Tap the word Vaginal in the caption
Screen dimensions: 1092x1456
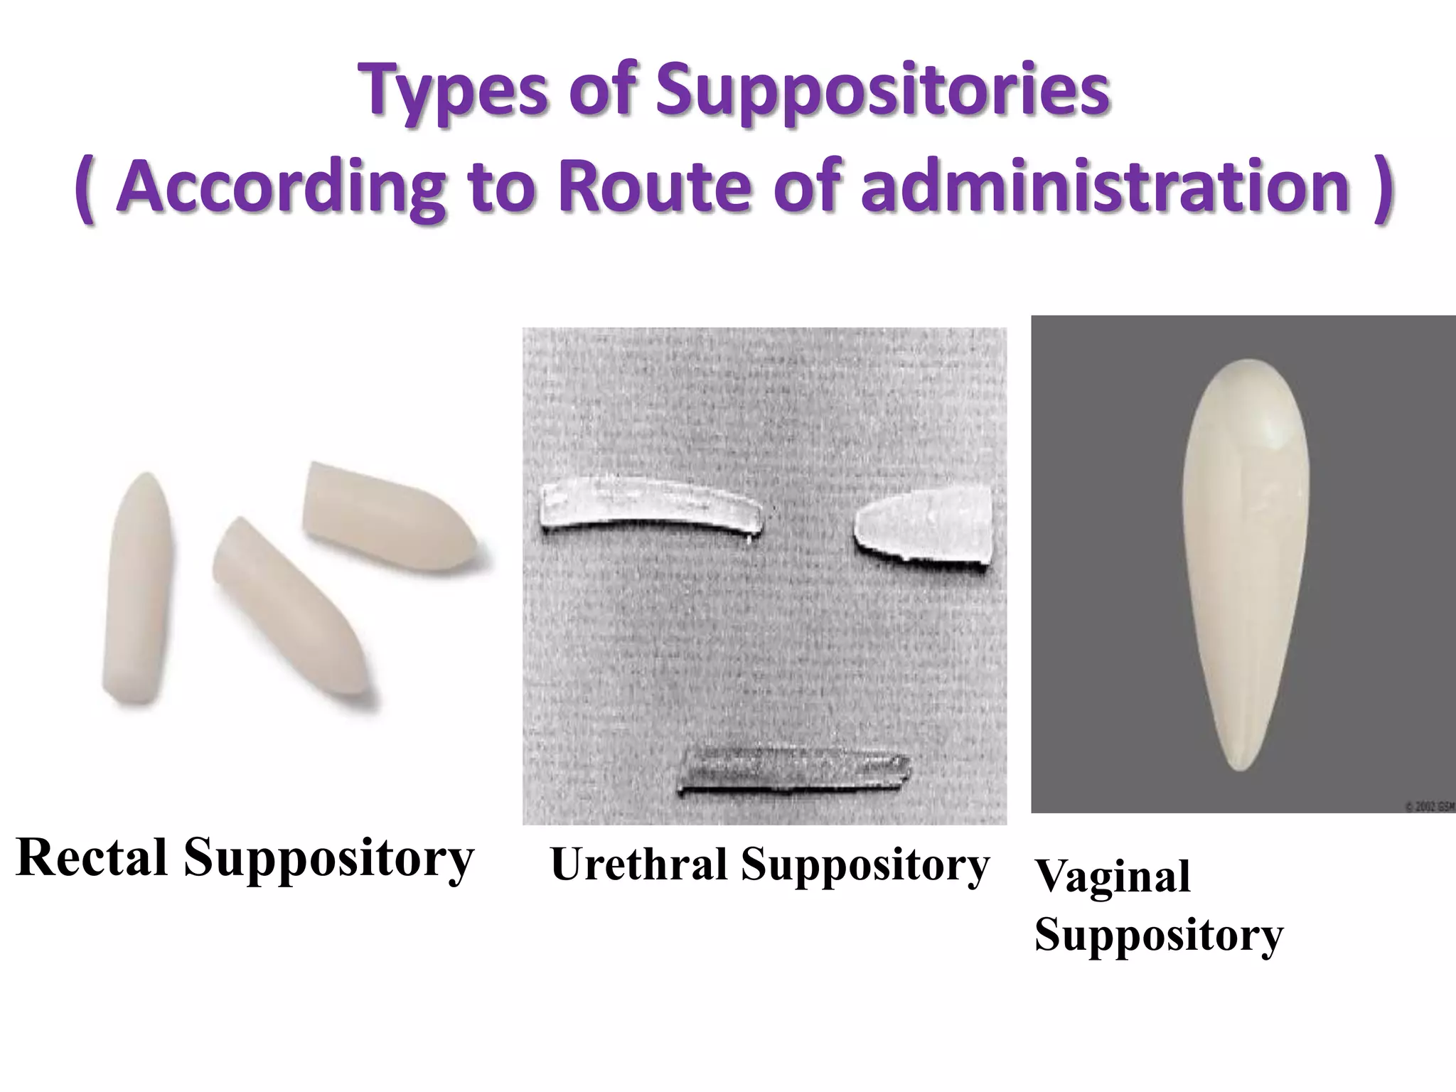(1112, 876)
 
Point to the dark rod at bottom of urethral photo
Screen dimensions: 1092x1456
(793, 771)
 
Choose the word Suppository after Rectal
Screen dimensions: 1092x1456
(328, 858)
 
